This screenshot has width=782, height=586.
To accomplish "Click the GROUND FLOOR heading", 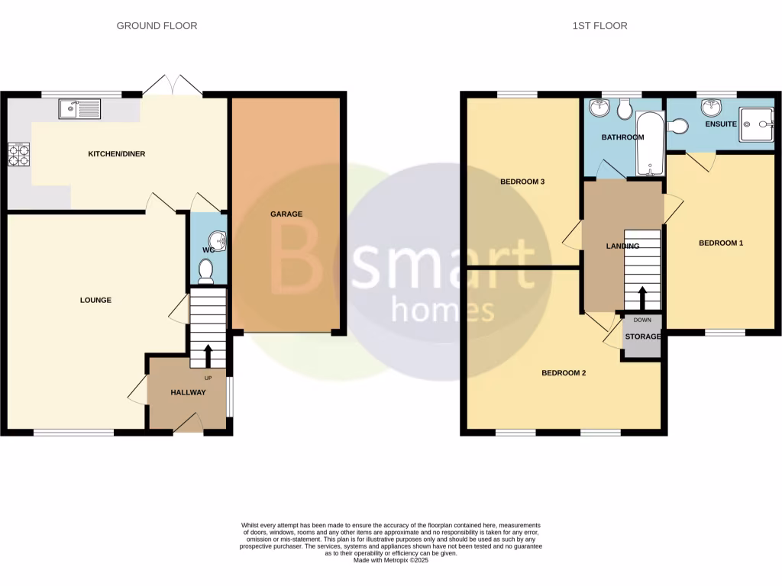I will coord(157,26).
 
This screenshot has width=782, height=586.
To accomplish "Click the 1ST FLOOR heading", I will coord(599,26).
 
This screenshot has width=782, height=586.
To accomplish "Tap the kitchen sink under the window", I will coord(79,110).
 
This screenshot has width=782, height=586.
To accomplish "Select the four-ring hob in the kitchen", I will coord(18,155).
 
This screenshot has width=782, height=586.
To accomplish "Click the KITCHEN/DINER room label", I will coord(116,154).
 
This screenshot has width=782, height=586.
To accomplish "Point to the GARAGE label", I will coord(286,214).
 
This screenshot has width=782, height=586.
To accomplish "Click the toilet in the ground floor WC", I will coord(205,271).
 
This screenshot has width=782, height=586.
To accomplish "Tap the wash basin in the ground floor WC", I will coord(221,242).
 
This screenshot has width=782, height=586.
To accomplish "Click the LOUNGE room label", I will coord(95,300).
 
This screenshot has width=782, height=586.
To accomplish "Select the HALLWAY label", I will coord(188,392).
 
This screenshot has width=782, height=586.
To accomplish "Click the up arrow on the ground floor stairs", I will coord(208,353).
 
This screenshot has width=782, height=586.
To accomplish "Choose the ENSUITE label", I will coord(721,124).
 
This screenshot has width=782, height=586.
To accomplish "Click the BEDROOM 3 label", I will coord(522,182).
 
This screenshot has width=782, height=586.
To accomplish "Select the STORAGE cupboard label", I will coord(643,336).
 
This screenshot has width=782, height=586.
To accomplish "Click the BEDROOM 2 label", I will coord(564,373).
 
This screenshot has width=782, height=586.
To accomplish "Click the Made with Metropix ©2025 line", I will coord(390,560).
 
